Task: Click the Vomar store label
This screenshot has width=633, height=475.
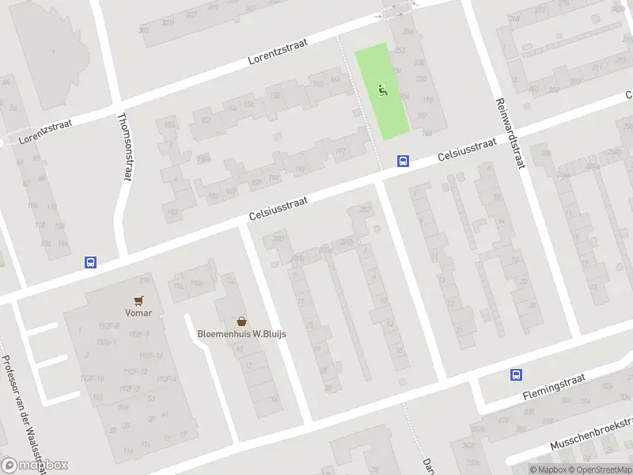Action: [139, 313]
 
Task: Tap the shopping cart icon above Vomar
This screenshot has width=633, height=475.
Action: [139, 301]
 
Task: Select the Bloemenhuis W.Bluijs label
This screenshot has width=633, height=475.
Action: [241, 333]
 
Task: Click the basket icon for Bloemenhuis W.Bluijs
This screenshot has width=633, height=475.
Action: [241, 321]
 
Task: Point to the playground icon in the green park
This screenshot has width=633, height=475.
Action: [383, 90]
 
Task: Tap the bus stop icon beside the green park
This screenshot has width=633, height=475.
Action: [403, 161]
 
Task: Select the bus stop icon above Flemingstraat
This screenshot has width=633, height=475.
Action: [516, 375]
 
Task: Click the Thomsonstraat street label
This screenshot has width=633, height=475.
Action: [124, 146]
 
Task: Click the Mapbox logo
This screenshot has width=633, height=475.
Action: [35, 465]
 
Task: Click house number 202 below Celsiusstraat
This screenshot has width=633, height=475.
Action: [365, 209]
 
